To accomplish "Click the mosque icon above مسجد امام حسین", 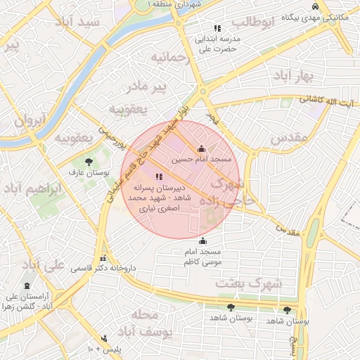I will pyautogui.click(x=202, y=148).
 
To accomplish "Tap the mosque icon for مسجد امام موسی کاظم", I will pyautogui.click(x=202, y=241).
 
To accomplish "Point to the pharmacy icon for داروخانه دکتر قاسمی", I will pyautogui.click(x=103, y=257).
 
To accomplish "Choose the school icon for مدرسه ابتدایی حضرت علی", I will pyautogui.click(x=217, y=29).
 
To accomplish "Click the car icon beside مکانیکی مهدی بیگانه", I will pyautogui.click(x=315, y=6).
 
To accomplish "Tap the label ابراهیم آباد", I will pyautogui.click(x=32, y=191).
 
